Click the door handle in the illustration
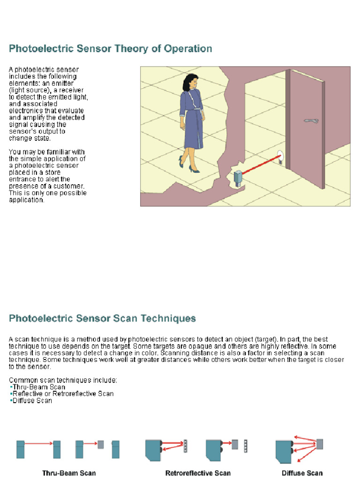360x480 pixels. click(x=311, y=121)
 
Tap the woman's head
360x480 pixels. click(x=189, y=83)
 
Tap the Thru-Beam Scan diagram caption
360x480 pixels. click(x=69, y=473)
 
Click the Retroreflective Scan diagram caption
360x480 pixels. click(x=198, y=473)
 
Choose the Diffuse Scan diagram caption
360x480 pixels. click(x=302, y=473)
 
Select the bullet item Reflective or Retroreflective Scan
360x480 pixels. click(x=63, y=394)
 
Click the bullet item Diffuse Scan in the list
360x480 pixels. click(x=32, y=401)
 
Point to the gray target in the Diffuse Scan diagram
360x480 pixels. click(x=320, y=443)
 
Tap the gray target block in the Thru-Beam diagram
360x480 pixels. click(x=100, y=444)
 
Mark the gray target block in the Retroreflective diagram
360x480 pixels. click(x=234, y=444)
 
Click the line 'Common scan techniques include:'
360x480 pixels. click(x=63, y=380)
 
